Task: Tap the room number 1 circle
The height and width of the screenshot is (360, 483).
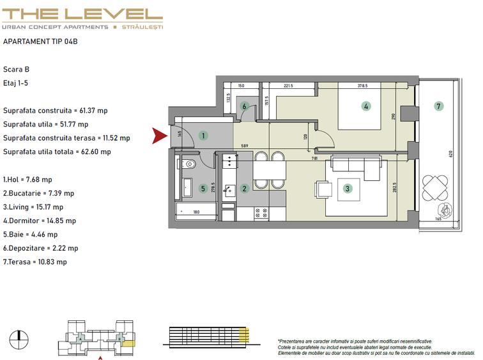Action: tap(203, 136)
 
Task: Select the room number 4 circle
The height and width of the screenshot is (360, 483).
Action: tap(366, 106)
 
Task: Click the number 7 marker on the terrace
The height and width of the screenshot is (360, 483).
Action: tap(439, 106)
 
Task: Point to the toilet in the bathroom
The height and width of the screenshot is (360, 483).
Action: tap(190, 164)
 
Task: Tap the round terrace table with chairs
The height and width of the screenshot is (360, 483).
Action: tap(435, 187)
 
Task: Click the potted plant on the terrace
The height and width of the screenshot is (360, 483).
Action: tap(445, 210)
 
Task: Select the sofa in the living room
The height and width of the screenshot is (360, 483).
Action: tap(356, 168)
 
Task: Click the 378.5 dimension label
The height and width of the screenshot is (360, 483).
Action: tap(362, 86)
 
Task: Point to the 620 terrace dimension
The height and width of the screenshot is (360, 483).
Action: tap(451, 154)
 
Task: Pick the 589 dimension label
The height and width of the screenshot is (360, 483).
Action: tap(245, 146)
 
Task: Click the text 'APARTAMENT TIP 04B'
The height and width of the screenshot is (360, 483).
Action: tap(40, 42)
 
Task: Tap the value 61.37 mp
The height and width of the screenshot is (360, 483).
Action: tap(93, 111)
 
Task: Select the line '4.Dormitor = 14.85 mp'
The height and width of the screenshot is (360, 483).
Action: tap(40, 221)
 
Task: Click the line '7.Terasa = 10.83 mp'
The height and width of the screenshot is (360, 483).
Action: tap(34, 262)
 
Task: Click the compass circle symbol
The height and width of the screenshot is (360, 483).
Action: tap(19, 340)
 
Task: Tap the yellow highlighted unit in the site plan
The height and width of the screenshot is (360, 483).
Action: tap(129, 343)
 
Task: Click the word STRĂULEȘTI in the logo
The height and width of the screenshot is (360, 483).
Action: tap(142, 27)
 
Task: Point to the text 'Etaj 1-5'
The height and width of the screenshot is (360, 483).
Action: tap(15, 83)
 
